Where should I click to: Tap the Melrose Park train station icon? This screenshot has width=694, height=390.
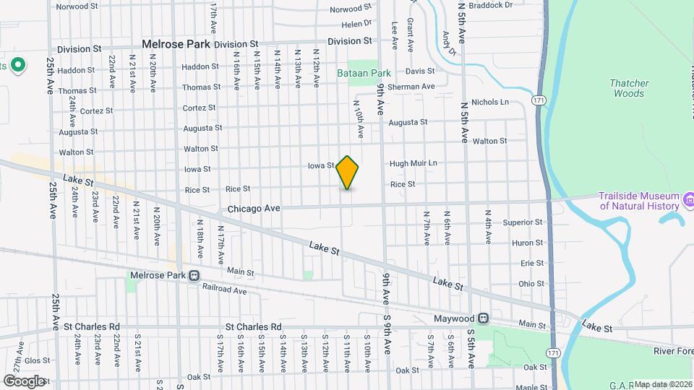click(x=194, y=275)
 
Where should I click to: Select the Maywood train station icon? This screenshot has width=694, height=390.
click(x=483, y=318)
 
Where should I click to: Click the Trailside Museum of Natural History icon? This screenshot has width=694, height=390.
click(x=688, y=198)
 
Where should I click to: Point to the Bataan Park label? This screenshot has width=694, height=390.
click(x=364, y=73)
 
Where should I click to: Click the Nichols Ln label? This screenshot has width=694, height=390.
click(x=490, y=103)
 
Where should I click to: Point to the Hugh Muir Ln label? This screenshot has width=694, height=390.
click(x=414, y=163)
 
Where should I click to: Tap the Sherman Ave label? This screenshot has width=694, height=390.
click(x=411, y=87)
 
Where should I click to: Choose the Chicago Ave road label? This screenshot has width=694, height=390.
click(x=254, y=208)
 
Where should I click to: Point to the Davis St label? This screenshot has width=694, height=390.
click(x=419, y=71)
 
